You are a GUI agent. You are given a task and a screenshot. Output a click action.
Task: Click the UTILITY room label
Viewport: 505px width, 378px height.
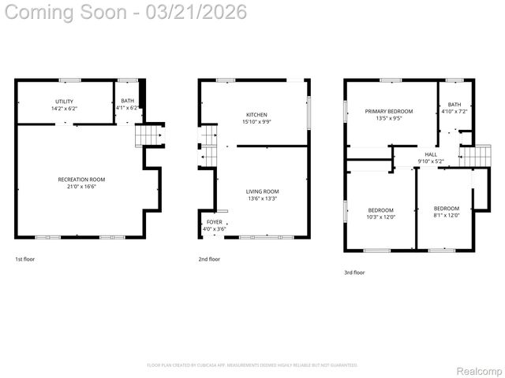64,101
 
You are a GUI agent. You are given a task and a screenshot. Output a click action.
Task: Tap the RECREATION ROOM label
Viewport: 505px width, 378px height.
81,180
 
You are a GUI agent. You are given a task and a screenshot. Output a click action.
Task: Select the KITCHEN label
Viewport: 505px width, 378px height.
256,115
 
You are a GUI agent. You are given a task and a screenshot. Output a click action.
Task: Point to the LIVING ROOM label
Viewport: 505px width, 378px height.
262,191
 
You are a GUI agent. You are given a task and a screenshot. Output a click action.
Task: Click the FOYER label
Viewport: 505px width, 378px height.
215,222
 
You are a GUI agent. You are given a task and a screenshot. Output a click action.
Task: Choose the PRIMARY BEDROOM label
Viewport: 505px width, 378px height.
390,112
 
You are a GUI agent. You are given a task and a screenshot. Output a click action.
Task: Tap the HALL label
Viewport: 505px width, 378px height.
431,154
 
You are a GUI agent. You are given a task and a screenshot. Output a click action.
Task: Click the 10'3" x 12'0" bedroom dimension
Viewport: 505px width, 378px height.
381,217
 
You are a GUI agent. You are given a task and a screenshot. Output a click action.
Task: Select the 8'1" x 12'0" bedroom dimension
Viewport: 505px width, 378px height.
446,215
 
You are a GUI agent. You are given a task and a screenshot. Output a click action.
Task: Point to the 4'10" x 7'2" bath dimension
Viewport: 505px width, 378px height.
454,112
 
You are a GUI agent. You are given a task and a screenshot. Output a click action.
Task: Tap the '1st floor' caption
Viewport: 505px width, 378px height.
25,259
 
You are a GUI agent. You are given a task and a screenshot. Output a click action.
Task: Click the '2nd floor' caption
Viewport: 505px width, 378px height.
209,259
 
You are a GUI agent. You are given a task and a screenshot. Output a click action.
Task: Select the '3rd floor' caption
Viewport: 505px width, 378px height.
354,272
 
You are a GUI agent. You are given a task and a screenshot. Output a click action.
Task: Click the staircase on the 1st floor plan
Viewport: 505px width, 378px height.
148,136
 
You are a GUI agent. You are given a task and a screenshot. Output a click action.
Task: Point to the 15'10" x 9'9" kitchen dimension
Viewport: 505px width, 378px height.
256,122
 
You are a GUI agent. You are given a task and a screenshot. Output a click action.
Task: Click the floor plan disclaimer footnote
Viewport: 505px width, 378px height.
252,365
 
